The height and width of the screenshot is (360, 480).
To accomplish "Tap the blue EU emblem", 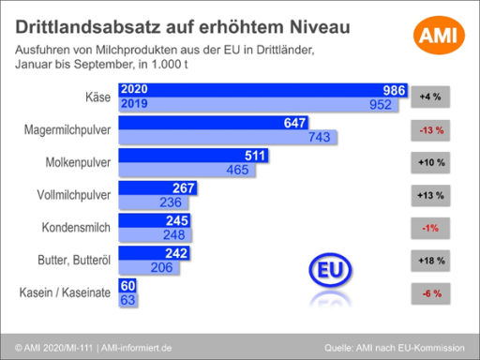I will coord(328,269).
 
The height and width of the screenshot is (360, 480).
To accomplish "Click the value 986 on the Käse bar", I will coord(393,90).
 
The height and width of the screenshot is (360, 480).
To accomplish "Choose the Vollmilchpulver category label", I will coord(71,195).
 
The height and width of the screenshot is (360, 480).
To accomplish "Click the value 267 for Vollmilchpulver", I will coord(184,188).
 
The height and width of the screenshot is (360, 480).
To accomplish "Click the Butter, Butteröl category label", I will coord(73,261).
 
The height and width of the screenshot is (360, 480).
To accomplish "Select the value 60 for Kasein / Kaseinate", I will coord(127,287).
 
